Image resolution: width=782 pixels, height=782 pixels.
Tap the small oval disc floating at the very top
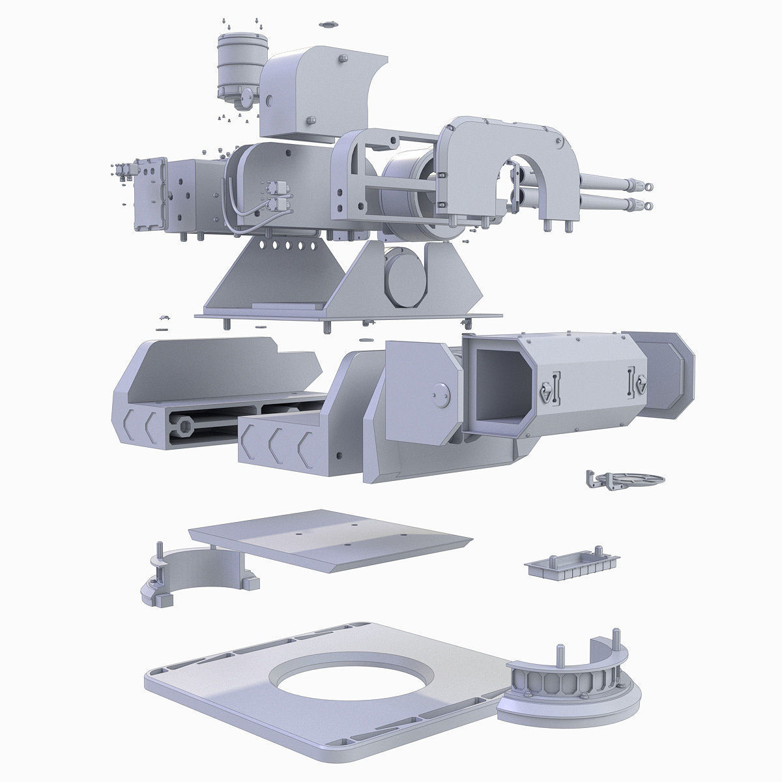pyautogui.click(x=328, y=25)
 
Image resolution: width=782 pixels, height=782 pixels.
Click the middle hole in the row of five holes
pyautogui.click(x=287, y=246)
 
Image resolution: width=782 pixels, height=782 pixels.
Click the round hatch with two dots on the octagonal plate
pyautogui.click(x=441, y=395)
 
